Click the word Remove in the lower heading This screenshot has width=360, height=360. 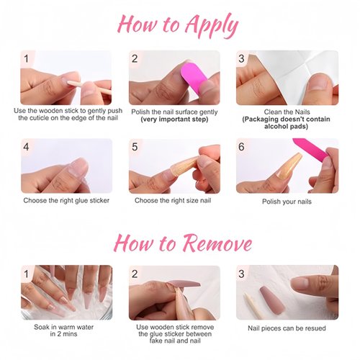pyautogui.click(x=217, y=243)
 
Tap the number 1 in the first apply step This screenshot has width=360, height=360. pyautogui.click(x=26, y=58)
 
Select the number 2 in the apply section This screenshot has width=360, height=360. pyautogui.click(x=135, y=58)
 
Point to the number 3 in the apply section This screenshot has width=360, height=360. pyautogui.click(x=241, y=58)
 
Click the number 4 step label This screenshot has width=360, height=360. pyautogui.click(x=26, y=147)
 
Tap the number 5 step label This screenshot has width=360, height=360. pyautogui.click(x=135, y=147)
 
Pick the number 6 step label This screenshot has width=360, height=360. pyautogui.click(x=241, y=147)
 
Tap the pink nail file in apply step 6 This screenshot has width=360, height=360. pyautogui.click(x=310, y=148)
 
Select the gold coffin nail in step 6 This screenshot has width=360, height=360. pyautogui.click(x=289, y=166)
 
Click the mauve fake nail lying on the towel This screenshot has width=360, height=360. pyautogui.click(x=272, y=300)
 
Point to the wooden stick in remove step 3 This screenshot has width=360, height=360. pyautogui.click(x=252, y=305)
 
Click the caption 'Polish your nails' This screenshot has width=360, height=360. pyautogui.click(x=287, y=202)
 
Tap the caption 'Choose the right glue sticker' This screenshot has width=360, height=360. pyautogui.click(x=66, y=201)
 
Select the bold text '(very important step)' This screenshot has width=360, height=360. pyautogui.click(x=174, y=120)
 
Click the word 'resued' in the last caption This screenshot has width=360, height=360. pyautogui.click(x=314, y=328)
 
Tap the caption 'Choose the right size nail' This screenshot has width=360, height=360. pyautogui.click(x=173, y=201)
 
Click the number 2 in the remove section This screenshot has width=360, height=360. pyautogui.click(x=135, y=274)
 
